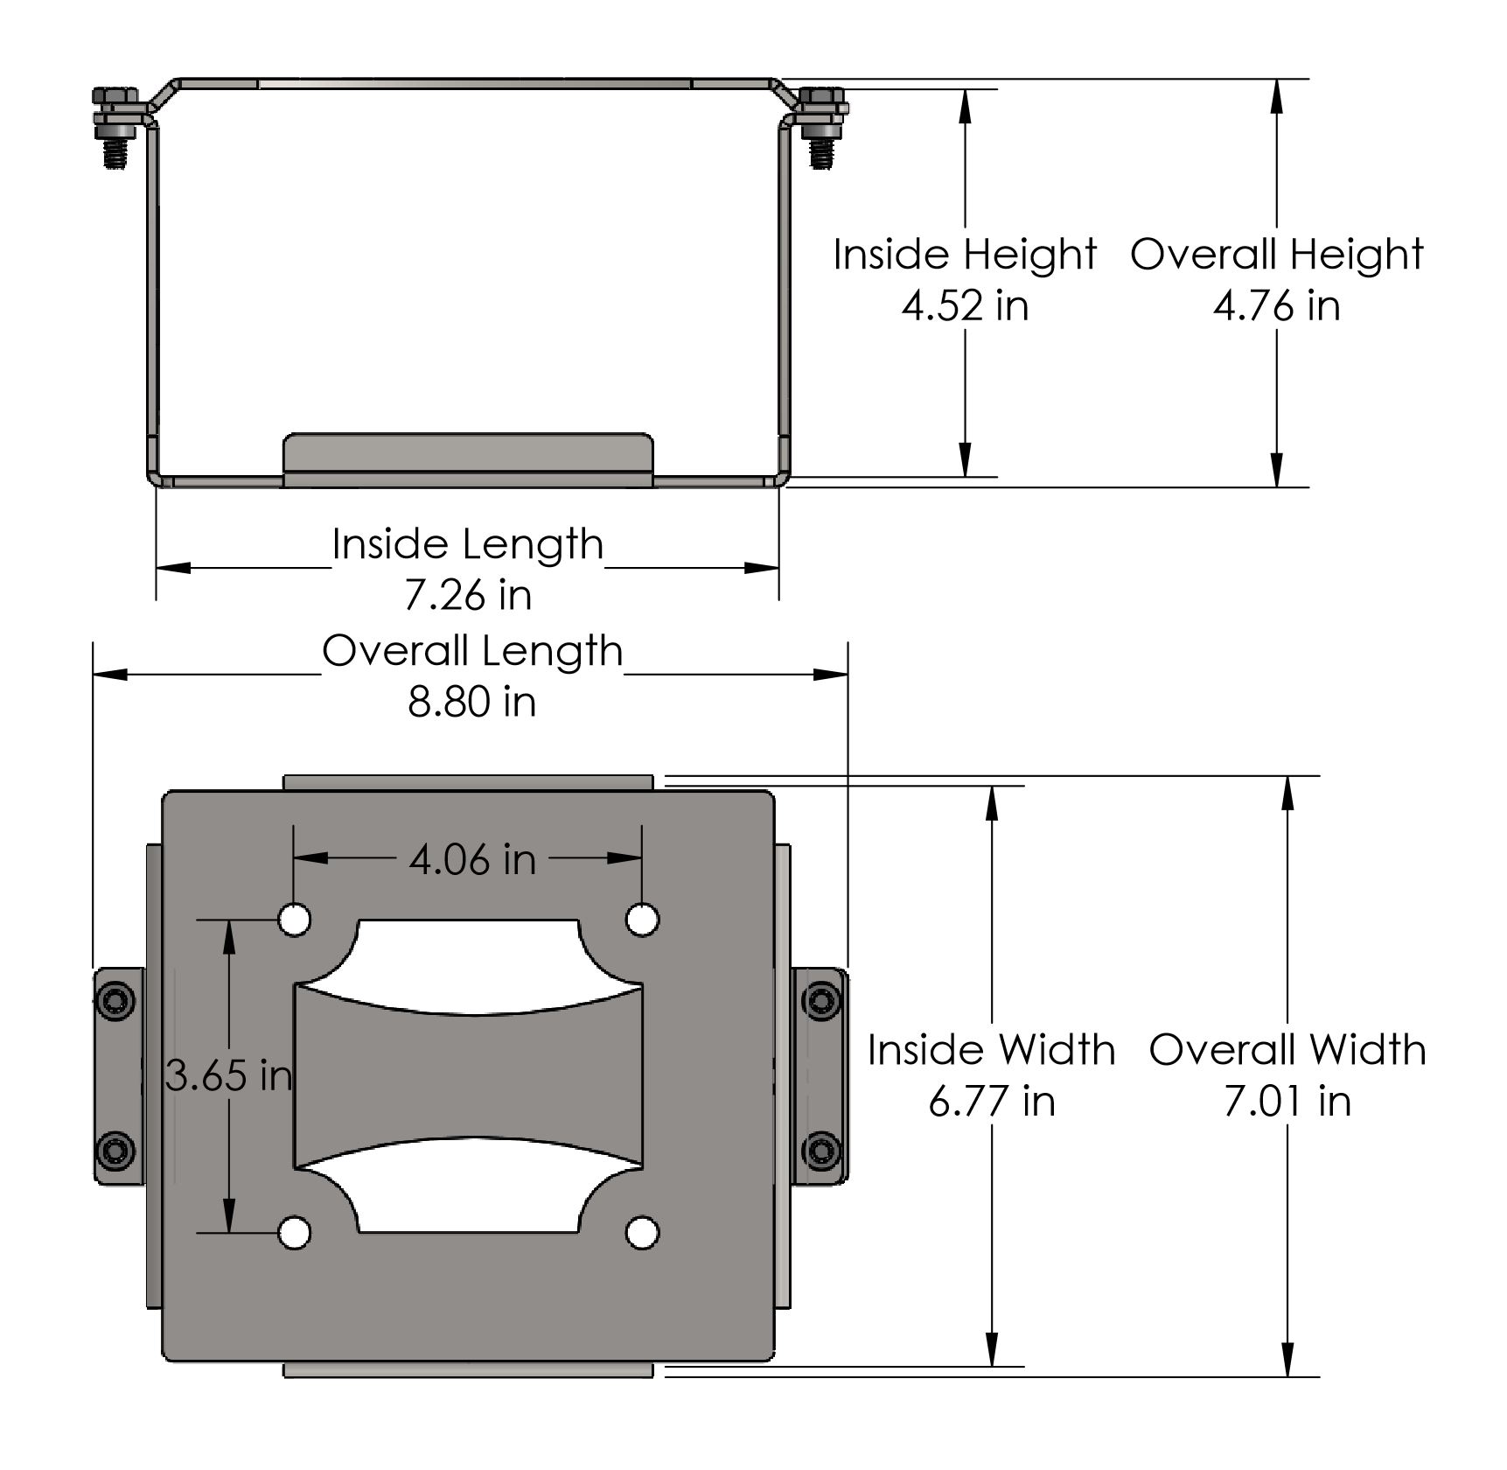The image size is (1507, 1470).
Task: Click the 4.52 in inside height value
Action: [965, 306]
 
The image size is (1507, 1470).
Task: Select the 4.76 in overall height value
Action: [1276, 306]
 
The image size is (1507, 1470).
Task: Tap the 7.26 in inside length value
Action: [468, 595]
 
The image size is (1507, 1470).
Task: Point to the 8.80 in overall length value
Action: [471, 702]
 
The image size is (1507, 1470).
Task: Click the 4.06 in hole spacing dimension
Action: [472, 859]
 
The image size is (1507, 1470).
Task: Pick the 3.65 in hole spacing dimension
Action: [228, 1075]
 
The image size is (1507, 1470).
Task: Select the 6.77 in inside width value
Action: [992, 1101]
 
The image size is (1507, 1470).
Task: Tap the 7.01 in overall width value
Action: [1287, 1101]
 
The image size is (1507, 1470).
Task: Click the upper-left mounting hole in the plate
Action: [295, 920]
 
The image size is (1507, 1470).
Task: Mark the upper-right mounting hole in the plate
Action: [643, 920]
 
